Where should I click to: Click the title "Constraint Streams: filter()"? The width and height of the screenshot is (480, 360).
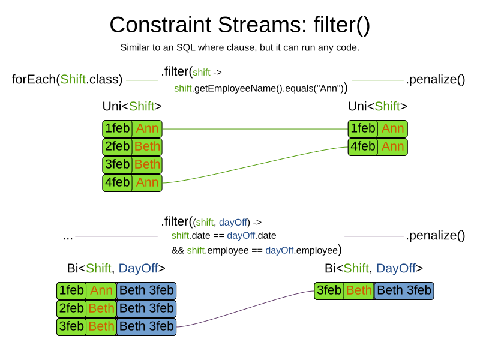pos(239,25)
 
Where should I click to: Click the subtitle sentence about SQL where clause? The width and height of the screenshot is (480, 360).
pos(239,47)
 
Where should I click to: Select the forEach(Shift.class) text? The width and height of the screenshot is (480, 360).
pos(67,79)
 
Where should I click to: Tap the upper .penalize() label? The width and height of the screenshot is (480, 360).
pos(436,79)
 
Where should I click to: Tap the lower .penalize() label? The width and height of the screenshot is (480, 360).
pos(436,236)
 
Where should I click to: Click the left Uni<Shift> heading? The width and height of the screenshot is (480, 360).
pos(132,107)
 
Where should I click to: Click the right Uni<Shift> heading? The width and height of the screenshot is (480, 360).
pos(377,107)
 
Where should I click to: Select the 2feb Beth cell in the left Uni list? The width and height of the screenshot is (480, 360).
pos(132,147)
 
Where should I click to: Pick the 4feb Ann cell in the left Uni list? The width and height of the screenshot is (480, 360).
pos(132,182)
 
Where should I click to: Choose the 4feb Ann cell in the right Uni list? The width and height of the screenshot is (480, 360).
pos(377,147)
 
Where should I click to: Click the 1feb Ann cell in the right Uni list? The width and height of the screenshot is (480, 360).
pos(377,129)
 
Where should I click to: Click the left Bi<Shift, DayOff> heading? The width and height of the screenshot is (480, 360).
pos(116,268)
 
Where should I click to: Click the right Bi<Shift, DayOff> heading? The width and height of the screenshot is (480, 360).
pos(374,268)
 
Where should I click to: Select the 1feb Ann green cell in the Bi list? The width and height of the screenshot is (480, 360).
pos(86,291)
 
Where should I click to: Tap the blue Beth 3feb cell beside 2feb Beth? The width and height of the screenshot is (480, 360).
pos(146,309)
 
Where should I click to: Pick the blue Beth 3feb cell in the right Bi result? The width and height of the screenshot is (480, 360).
pos(403,291)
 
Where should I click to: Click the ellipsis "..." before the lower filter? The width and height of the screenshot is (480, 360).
pos(68,236)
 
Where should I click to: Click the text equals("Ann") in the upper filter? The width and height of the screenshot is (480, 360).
pos(317,89)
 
